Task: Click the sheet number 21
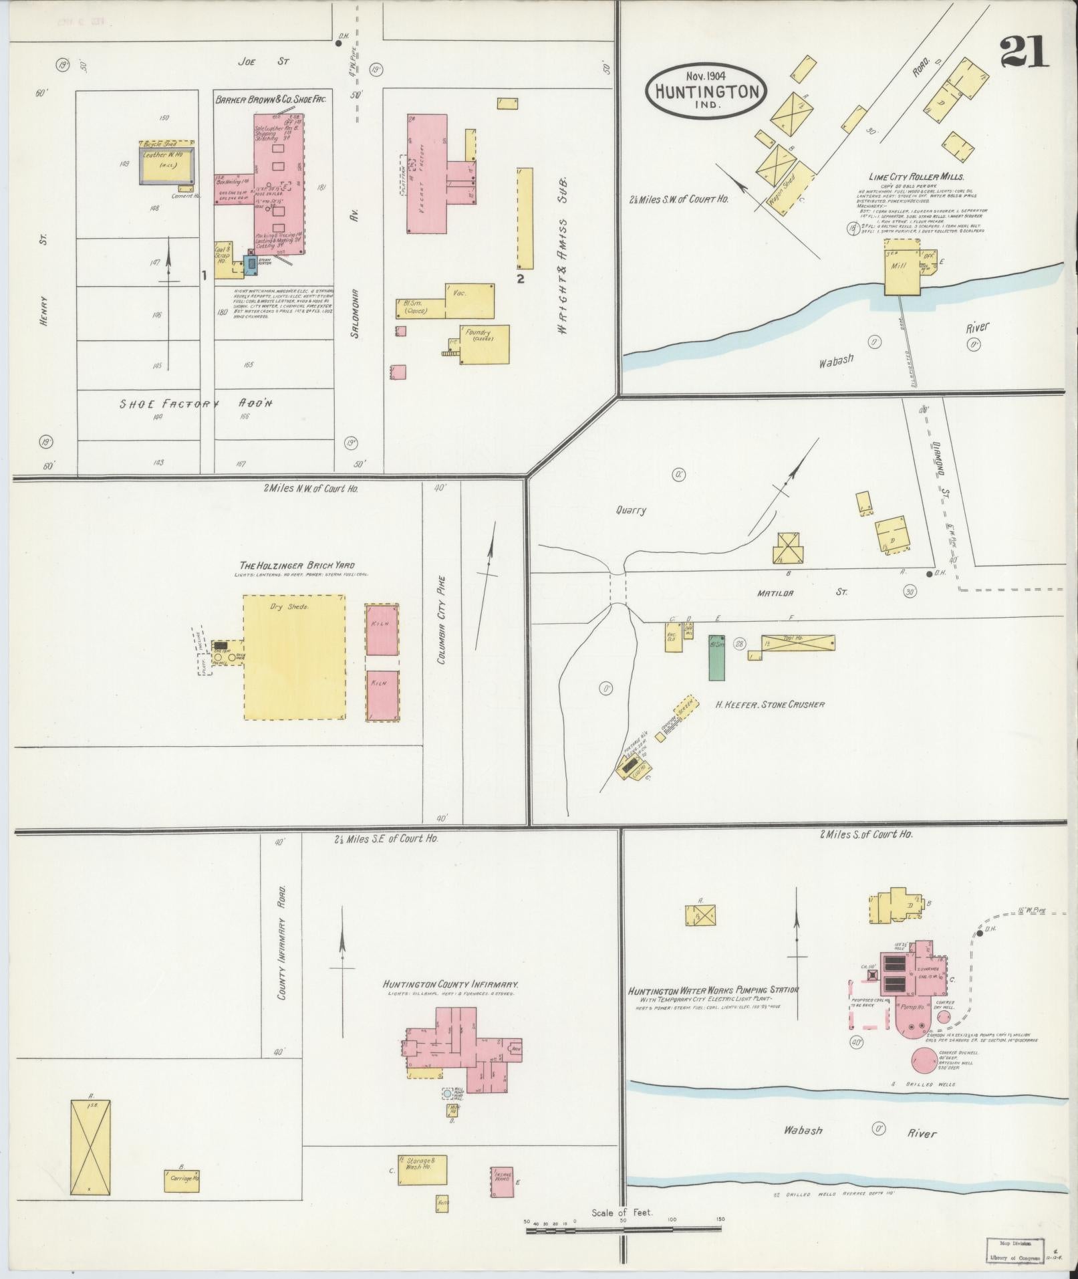pos(1024,51)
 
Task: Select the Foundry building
pos(484,344)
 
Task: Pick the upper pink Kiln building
pos(382,630)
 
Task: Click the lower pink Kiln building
pos(382,695)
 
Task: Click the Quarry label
pos(631,510)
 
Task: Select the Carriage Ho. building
pos(182,1181)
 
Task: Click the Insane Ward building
pos(502,1182)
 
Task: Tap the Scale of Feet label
pos(622,1213)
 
